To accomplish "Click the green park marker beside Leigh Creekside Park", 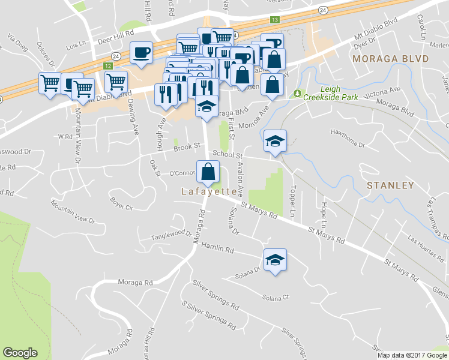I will pos(297,94).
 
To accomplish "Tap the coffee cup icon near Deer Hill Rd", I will pos(142,52).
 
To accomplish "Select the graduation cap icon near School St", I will pos(275,141).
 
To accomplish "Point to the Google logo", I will pos(20,353).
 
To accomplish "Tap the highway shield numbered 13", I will pos(275,20).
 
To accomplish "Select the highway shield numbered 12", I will pos(108,65).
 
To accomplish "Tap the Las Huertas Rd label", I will pos(423,242).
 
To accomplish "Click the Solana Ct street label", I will pos(276,297).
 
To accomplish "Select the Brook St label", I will pos(186,146).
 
